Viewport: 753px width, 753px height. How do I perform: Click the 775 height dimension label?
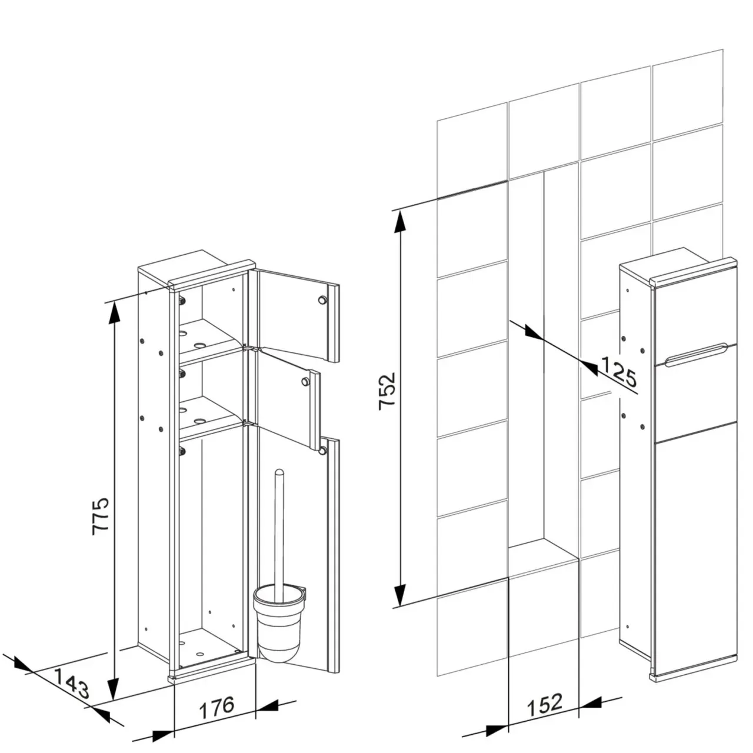[x=100, y=516]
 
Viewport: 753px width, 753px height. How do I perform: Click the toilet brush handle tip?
[x=279, y=472]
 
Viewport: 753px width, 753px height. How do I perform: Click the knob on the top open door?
[x=322, y=300]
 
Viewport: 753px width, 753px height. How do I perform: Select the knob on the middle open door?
[x=304, y=381]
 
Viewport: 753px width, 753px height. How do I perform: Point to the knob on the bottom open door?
[x=322, y=451]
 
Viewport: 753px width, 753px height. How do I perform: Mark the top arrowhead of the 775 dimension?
[x=114, y=312]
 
